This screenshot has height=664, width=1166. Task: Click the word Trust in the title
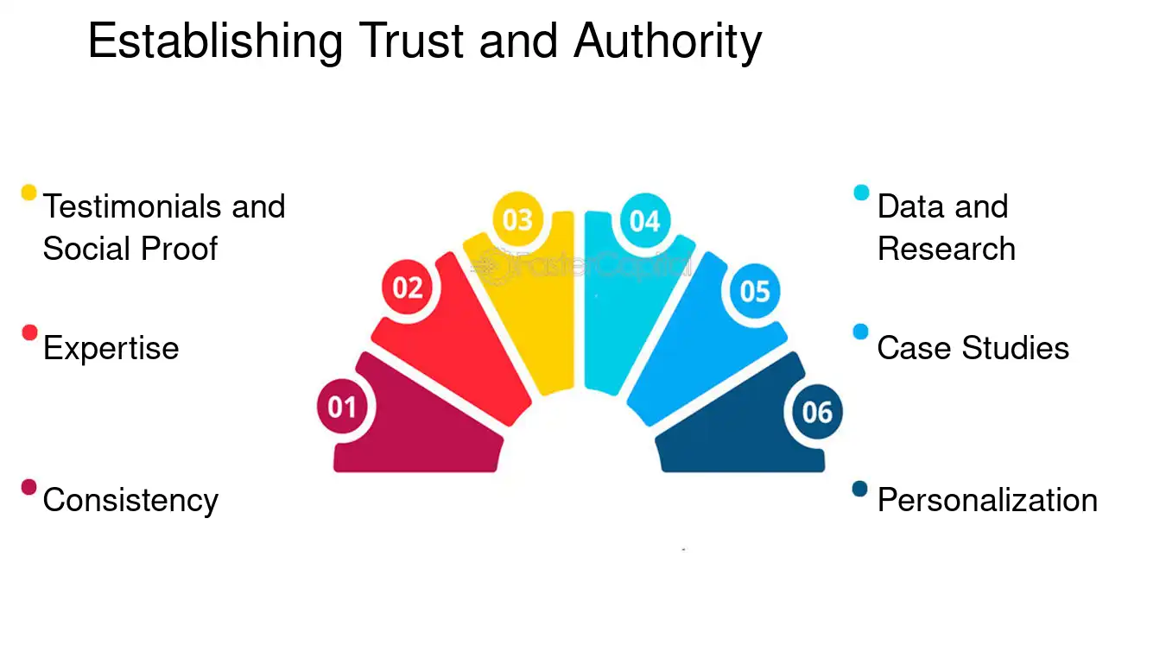pyautogui.click(x=411, y=41)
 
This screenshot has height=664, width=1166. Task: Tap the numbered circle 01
pyautogui.click(x=343, y=407)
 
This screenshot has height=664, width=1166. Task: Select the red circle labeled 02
pyautogui.click(x=407, y=288)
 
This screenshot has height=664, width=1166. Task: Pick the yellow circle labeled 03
pyautogui.click(x=517, y=219)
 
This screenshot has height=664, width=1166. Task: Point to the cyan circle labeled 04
pyautogui.click(x=645, y=221)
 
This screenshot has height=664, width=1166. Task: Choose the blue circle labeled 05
pyautogui.click(x=755, y=291)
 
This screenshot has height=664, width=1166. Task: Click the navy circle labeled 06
pyautogui.click(x=817, y=412)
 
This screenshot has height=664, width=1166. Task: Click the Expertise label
pyautogui.click(x=111, y=349)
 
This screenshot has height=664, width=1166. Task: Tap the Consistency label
pyautogui.click(x=130, y=501)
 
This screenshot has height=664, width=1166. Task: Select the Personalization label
pyautogui.click(x=987, y=500)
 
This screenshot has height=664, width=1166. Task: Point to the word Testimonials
pyautogui.click(x=132, y=206)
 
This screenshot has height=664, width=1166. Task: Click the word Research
pyautogui.click(x=947, y=248)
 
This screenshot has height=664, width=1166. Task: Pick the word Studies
pyautogui.click(x=1015, y=348)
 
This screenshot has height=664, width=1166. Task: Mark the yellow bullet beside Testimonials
pyautogui.click(x=29, y=193)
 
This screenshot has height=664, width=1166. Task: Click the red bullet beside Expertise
pyautogui.click(x=29, y=332)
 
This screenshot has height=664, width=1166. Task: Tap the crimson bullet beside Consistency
pyautogui.click(x=29, y=487)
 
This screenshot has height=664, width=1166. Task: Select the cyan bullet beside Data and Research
pyautogui.click(x=861, y=193)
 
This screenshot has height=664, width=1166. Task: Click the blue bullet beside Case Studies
pyautogui.click(x=861, y=332)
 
